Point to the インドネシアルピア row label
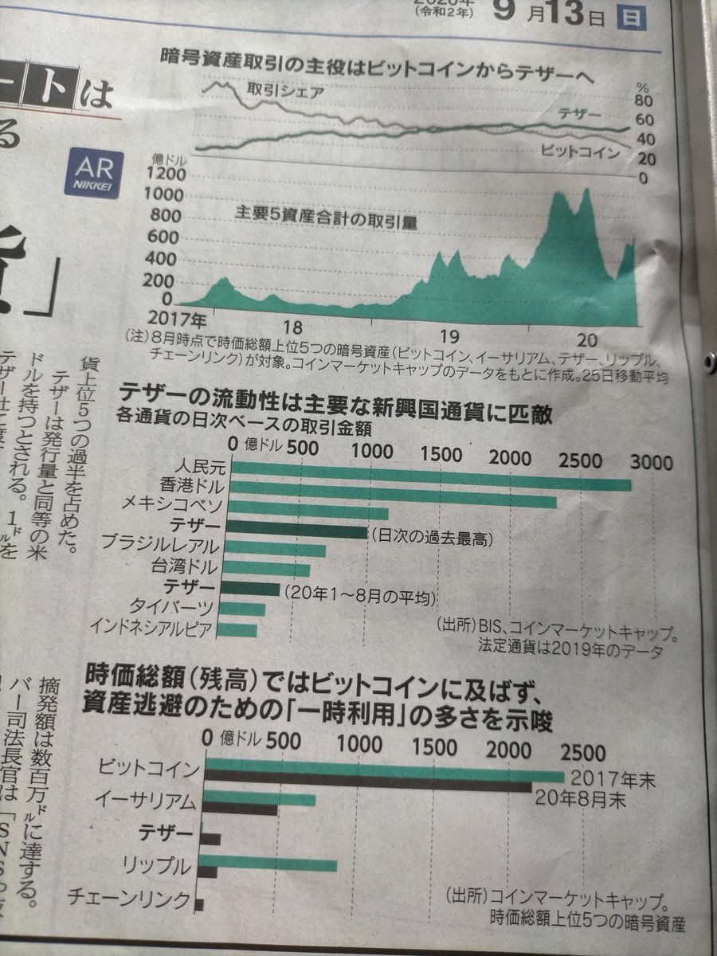click(152, 628)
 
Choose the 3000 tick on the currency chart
click(652, 462)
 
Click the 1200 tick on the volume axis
click(167, 174)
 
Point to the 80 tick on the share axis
click(645, 102)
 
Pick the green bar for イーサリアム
click(259, 798)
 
